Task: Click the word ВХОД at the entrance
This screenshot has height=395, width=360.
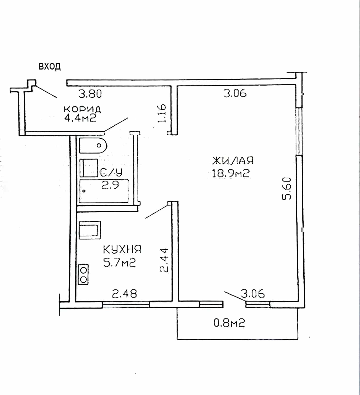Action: pyautogui.click(x=50, y=67)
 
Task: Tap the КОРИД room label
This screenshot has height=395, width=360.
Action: pyautogui.click(x=82, y=109)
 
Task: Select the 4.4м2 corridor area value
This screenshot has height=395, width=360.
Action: pyautogui.click(x=80, y=118)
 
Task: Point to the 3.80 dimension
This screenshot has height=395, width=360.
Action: pyautogui.click(x=90, y=94)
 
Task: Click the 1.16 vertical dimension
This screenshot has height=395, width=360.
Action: pyautogui.click(x=162, y=113)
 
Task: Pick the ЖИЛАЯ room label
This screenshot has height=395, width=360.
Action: pyautogui.click(x=233, y=160)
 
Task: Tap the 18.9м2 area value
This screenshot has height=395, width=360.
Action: pyautogui.click(x=231, y=174)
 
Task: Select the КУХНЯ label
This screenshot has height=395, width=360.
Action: pyautogui.click(x=122, y=249)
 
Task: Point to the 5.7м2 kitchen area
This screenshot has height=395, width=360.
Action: pyautogui.click(x=120, y=263)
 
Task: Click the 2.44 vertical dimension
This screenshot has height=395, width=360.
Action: pyautogui.click(x=164, y=260)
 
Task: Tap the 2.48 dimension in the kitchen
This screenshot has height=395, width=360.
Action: pyautogui.click(x=124, y=294)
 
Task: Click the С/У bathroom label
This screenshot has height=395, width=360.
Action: pyautogui.click(x=111, y=172)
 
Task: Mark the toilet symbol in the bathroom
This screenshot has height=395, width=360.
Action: pyautogui.click(x=93, y=146)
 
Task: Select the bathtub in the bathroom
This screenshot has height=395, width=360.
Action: pyautogui.click(x=104, y=191)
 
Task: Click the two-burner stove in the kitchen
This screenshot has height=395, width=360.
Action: pyautogui.click(x=83, y=274)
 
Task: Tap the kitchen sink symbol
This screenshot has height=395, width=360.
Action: pyautogui.click(x=90, y=230)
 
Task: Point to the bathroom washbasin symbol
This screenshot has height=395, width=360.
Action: pyautogui.click(x=89, y=168)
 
